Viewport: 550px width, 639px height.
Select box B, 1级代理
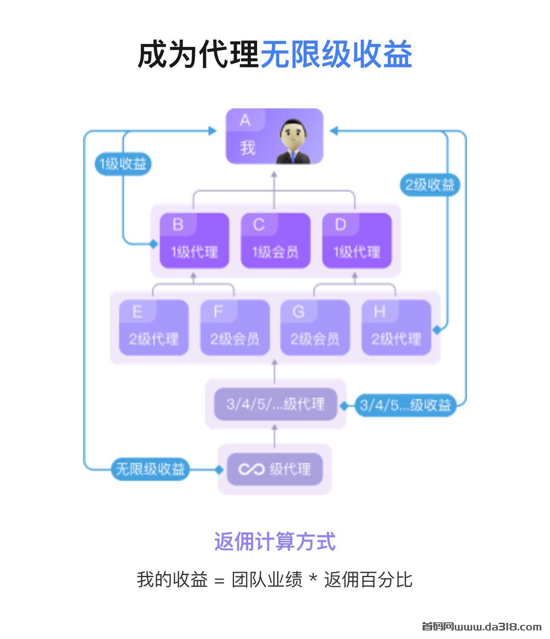(x=194, y=241)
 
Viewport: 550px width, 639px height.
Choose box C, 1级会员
(x=275, y=241)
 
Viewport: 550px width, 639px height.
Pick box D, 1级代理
(x=357, y=241)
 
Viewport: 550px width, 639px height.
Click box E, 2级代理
(x=153, y=328)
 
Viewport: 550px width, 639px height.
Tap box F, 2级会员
(x=235, y=328)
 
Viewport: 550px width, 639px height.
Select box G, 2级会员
(x=315, y=328)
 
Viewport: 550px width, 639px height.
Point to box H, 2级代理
(x=397, y=328)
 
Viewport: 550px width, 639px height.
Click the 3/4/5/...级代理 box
(x=275, y=404)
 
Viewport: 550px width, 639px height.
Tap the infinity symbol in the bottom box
(x=251, y=469)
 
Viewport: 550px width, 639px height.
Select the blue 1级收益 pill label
(x=123, y=164)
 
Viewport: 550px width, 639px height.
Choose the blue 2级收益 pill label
(x=430, y=185)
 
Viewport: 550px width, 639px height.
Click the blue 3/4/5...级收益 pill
(x=405, y=404)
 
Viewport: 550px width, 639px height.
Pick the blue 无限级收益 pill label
(x=150, y=469)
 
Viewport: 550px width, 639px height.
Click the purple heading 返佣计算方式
(x=275, y=542)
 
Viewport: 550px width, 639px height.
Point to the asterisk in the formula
(x=313, y=578)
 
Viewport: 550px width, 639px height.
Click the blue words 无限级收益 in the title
(x=336, y=55)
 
